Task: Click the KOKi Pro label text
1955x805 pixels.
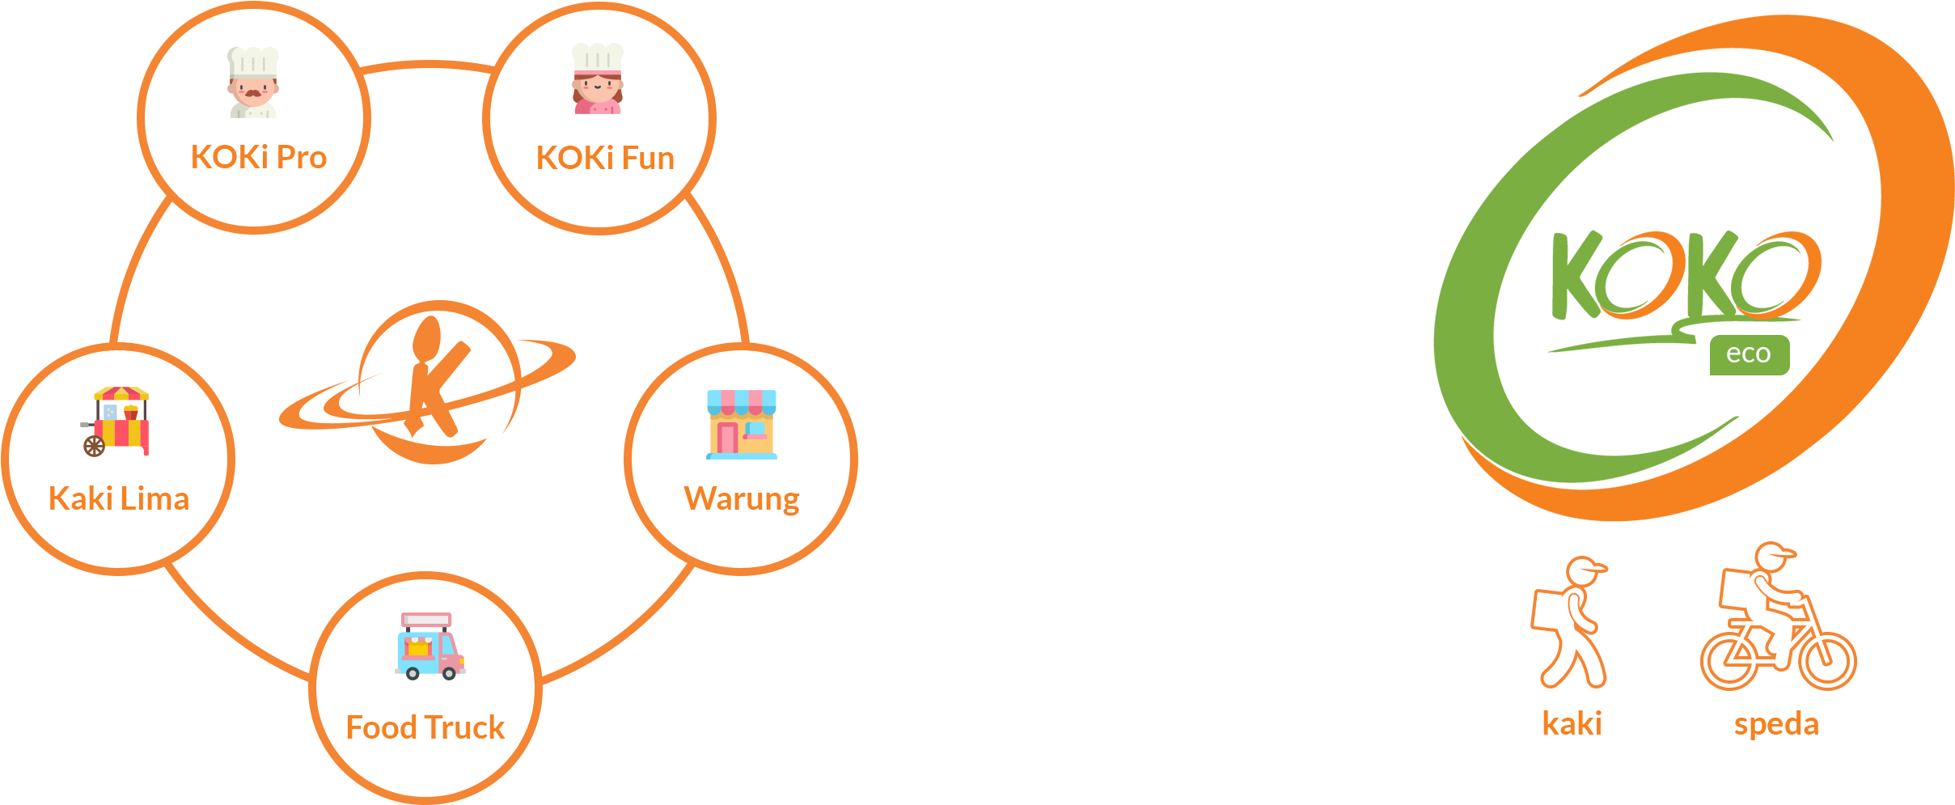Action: [x=258, y=157]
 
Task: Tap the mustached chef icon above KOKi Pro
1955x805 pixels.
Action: [x=253, y=83]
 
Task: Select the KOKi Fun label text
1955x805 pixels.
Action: [x=605, y=158]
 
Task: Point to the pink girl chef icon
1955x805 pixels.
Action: [x=598, y=79]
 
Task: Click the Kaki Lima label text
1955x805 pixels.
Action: [x=119, y=498]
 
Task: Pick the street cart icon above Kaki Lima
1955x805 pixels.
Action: [x=117, y=421]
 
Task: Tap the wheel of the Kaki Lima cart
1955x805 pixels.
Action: [x=95, y=446]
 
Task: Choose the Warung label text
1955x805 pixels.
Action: [x=742, y=498]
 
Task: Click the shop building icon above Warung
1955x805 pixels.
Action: [x=741, y=424]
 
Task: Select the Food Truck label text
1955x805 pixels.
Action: [x=425, y=727]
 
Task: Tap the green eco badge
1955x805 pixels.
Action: [x=1749, y=354]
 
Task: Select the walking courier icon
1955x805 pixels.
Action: [x=1570, y=622]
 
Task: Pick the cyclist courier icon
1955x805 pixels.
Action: [x=1778, y=619]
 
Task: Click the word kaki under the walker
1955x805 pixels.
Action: [x=1572, y=723]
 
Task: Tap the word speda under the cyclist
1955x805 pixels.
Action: [x=1776, y=724]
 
